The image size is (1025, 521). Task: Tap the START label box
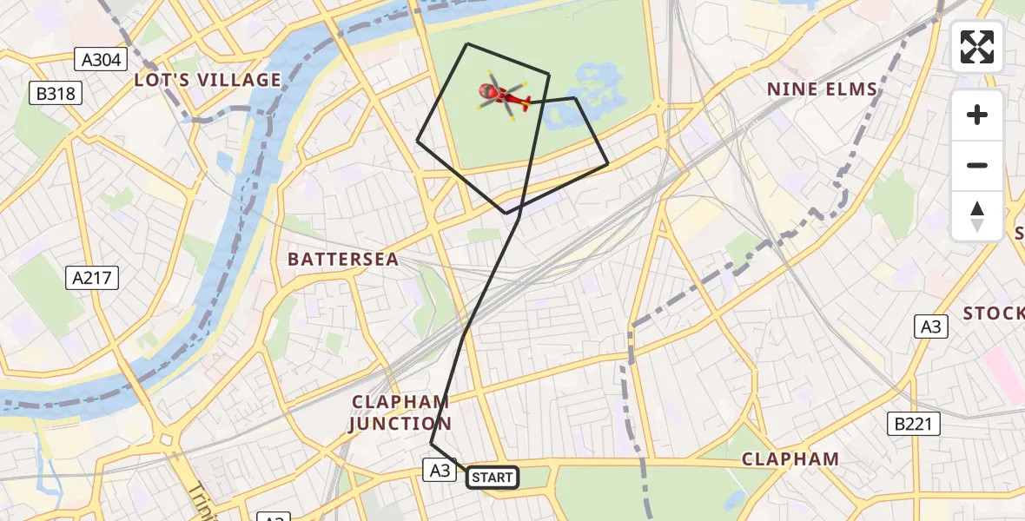click(493, 477)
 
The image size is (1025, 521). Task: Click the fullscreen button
click(977, 47)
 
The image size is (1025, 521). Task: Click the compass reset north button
click(977, 216)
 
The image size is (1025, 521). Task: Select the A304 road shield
click(102, 59)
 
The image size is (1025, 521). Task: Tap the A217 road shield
click(91, 278)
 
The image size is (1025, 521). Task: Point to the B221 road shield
click(913, 424)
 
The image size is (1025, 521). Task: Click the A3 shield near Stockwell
click(930, 326)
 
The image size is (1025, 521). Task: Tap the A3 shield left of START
click(439, 470)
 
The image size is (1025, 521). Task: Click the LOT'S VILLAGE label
click(208, 80)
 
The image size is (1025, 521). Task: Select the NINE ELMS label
click(823, 89)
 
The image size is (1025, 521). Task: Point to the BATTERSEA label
click(343, 259)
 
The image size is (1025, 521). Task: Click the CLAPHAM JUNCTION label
click(400, 412)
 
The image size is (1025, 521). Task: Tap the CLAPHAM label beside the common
click(790, 458)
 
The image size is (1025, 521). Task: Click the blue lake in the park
click(593, 85)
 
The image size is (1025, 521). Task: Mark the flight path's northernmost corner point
click(467, 43)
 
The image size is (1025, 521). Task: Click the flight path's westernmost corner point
click(418, 140)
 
